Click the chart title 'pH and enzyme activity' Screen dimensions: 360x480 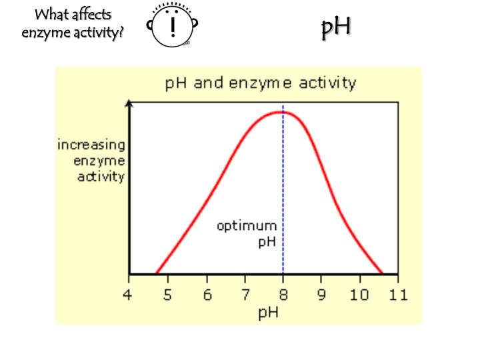(260, 83)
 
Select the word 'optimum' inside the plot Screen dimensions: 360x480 (246, 226)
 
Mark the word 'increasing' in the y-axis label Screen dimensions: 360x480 (91, 145)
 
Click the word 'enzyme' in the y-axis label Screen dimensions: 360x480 (101, 161)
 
